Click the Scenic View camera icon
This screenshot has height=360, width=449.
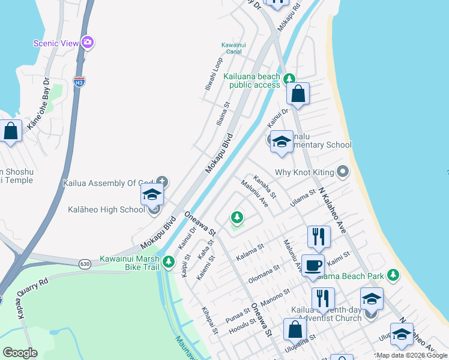(x=88, y=42)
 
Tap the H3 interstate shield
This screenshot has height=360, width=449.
(x=79, y=80)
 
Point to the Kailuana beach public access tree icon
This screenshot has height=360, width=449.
(x=289, y=78)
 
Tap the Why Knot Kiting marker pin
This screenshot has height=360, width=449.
(x=343, y=172)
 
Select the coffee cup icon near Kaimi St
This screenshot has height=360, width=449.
(x=313, y=265)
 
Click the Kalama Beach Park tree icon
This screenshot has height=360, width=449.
(x=393, y=275)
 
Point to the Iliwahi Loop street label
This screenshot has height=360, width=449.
(x=214, y=73)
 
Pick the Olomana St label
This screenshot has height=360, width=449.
(x=264, y=274)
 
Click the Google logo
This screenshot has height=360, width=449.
(x=20, y=353)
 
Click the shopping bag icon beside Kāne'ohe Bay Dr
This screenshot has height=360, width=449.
(x=11, y=131)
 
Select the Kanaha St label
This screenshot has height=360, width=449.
(x=265, y=187)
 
